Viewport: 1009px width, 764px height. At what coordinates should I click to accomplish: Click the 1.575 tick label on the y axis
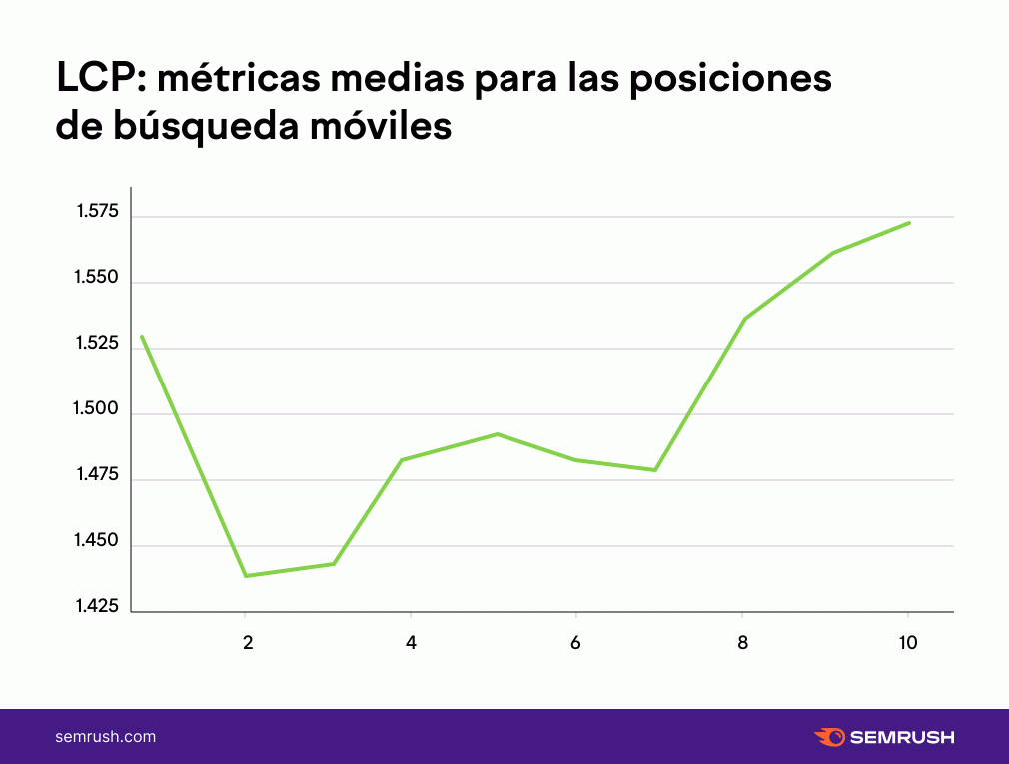(x=98, y=211)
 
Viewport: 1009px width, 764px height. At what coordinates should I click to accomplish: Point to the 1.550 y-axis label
(x=97, y=277)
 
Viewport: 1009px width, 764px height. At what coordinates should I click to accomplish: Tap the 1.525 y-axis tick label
(x=97, y=343)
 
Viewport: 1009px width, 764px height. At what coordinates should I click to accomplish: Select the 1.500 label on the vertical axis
(x=96, y=408)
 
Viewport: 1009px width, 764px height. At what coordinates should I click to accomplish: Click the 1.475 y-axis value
(x=98, y=474)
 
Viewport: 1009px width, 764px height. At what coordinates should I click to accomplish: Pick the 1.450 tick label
(x=97, y=540)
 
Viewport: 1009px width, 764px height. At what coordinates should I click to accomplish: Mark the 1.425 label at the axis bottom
(x=97, y=606)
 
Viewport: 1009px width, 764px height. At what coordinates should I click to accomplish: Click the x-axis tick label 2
(x=248, y=642)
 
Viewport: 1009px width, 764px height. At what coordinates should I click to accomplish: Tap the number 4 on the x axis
(x=411, y=642)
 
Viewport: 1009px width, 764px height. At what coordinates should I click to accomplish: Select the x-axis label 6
(x=575, y=642)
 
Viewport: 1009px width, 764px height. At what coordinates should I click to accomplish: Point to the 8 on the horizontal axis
(x=742, y=642)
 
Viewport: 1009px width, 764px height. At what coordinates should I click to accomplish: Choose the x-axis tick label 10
(x=908, y=642)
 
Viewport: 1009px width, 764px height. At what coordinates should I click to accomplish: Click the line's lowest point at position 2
(x=246, y=575)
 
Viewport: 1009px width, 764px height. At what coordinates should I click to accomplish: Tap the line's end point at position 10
(x=909, y=223)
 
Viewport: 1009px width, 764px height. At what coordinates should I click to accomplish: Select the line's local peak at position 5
(x=498, y=434)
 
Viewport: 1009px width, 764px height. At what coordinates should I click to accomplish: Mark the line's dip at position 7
(x=655, y=470)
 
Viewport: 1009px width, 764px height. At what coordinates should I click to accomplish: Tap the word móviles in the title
(x=381, y=125)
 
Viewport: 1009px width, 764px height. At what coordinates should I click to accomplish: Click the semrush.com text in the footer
(x=106, y=737)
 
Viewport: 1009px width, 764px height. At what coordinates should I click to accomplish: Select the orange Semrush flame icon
(x=830, y=737)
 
